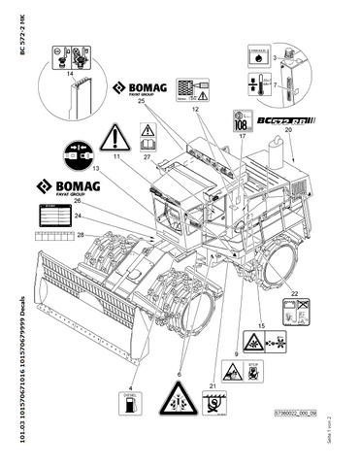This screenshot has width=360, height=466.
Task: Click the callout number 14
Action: point(69,73)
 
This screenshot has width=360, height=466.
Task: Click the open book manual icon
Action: point(148,131)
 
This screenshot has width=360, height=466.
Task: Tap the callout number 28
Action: point(82,236)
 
